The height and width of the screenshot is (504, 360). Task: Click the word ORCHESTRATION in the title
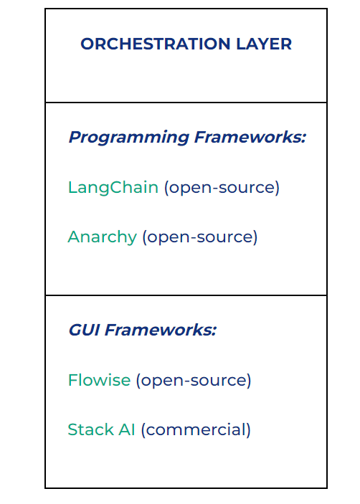coord(156,44)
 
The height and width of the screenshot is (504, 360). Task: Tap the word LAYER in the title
coord(264,44)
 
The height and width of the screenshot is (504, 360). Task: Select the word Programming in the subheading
coord(129,138)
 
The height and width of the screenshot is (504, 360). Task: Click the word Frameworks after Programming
coord(248,137)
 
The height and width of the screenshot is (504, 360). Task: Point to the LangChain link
coord(113,187)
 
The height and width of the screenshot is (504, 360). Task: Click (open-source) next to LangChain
coord(222,187)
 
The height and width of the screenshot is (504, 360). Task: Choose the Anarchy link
coord(103,237)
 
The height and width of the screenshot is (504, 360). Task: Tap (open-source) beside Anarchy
coord(200,237)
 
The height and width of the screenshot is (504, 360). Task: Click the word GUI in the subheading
coord(84,330)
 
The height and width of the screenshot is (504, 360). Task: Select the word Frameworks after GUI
coord(158,330)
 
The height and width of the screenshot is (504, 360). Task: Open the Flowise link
coord(99,380)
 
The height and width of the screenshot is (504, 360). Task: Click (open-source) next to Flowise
coord(194,381)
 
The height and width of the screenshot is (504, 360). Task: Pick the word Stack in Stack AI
coord(90,429)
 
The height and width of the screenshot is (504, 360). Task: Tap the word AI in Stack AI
coord(127,429)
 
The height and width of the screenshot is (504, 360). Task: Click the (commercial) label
coord(196,430)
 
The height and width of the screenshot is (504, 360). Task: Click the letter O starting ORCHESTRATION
coord(88,44)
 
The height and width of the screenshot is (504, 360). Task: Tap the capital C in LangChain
coord(117,187)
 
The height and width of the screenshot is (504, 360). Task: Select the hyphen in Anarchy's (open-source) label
coord(193,238)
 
